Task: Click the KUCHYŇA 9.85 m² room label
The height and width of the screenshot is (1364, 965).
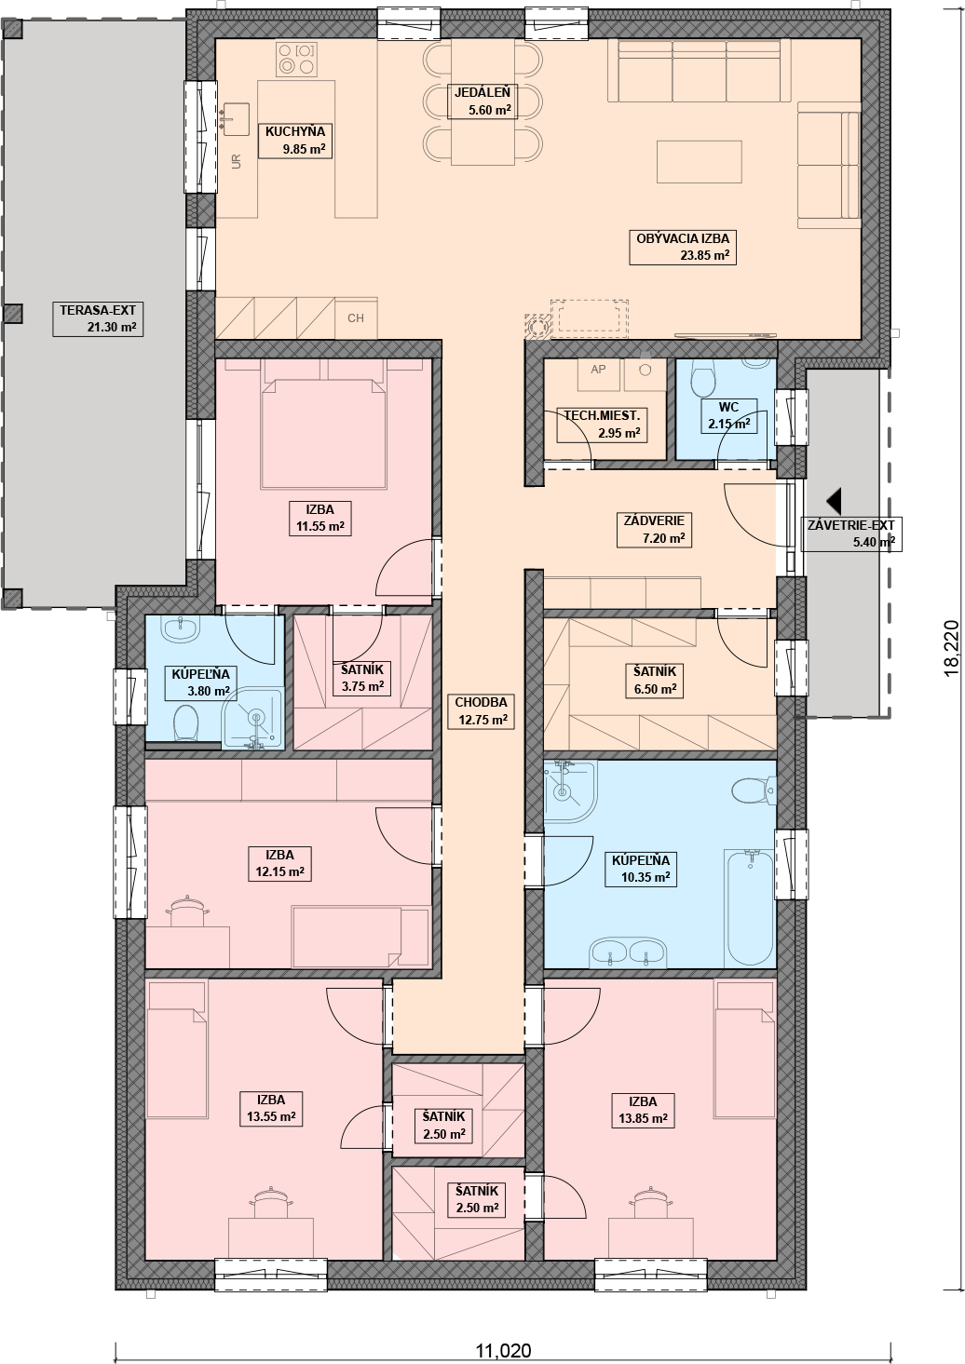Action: tap(295, 140)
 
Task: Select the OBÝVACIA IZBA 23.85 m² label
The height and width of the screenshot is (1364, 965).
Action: tap(683, 247)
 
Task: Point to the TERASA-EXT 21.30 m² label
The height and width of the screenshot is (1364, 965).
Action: tap(98, 318)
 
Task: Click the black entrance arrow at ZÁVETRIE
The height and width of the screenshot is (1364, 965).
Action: tap(834, 501)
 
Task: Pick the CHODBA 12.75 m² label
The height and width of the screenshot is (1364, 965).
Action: tap(481, 710)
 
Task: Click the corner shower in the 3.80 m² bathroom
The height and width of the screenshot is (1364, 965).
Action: tap(252, 718)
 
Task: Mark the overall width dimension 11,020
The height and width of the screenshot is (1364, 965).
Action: tap(503, 1351)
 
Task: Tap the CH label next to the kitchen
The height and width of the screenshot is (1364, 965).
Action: tap(356, 317)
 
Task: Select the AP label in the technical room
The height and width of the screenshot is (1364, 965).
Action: tap(598, 369)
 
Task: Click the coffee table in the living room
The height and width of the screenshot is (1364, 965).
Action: tap(699, 161)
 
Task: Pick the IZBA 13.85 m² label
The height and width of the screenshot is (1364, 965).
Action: tap(644, 1110)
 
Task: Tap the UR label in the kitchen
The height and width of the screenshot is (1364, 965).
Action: tap(237, 161)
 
